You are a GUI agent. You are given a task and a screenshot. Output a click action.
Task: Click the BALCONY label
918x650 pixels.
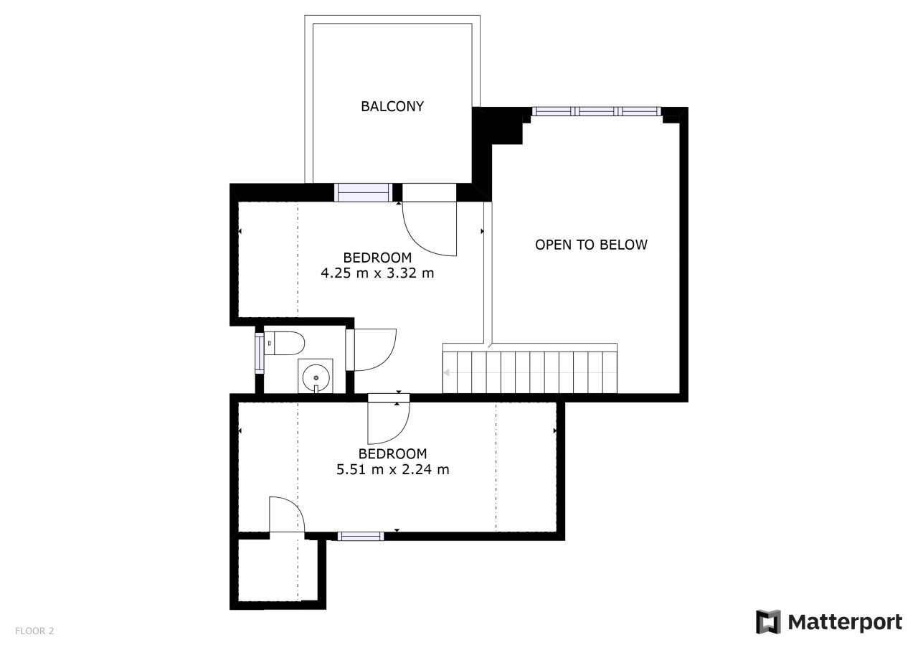pyautogui.click(x=392, y=107)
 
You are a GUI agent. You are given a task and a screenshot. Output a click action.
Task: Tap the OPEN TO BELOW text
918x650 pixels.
pyautogui.click(x=591, y=245)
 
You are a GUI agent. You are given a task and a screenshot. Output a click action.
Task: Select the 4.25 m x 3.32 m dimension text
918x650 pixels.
pyautogui.click(x=377, y=273)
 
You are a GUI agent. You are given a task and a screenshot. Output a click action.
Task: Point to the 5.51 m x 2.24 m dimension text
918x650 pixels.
pyautogui.click(x=392, y=469)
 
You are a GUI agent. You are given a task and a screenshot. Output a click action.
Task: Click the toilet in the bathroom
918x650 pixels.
pyautogui.click(x=284, y=343)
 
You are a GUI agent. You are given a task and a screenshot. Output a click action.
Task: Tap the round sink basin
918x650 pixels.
pyautogui.click(x=316, y=377)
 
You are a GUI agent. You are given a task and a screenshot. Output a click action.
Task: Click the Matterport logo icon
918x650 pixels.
pyautogui.click(x=768, y=622)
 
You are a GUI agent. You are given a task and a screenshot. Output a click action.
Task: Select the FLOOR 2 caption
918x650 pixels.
pyautogui.click(x=34, y=631)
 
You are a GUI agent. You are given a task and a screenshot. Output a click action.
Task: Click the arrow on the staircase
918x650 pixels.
pyautogui.click(x=447, y=372)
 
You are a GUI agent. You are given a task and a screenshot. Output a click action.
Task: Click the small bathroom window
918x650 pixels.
pyautogui.click(x=260, y=353)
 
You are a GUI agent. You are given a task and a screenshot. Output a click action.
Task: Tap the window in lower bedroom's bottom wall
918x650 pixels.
pyautogui.click(x=361, y=536)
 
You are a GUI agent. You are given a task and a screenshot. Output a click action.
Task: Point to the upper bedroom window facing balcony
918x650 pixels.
pyautogui.click(x=363, y=192)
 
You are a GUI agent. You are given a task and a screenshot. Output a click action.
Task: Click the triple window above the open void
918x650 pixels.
pyautogui.click(x=597, y=111)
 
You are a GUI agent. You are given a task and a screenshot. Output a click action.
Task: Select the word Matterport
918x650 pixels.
pyautogui.click(x=845, y=622)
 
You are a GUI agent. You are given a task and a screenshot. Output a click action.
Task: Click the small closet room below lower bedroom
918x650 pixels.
pyautogui.click(x=278, y=571)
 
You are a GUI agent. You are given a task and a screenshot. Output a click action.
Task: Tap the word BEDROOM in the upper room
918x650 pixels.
pyautogui.click(x=377, y=258)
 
